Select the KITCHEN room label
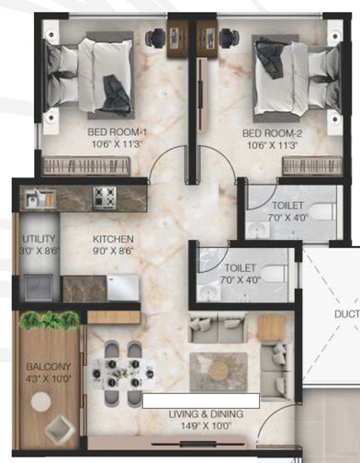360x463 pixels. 114,237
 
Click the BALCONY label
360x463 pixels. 43,365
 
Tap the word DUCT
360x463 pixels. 344,312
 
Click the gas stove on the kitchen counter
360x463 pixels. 105,196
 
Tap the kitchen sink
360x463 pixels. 39,198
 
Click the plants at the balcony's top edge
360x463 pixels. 50,320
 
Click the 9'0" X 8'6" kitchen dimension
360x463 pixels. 114,250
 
